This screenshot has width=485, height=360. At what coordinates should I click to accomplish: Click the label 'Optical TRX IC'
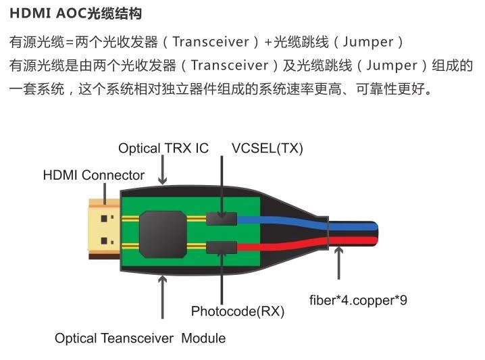pos(163,148)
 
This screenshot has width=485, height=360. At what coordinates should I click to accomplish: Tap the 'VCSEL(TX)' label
pos(267,148)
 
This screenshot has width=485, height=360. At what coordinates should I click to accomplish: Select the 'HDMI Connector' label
pos(93,175)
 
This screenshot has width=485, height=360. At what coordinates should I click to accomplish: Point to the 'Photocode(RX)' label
pos(238,311)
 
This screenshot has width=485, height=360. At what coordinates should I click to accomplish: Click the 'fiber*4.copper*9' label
pos(358,299)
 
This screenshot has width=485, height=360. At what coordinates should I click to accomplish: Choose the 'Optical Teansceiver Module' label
pos(140,337)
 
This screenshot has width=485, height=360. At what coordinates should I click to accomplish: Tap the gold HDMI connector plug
pos(103,230)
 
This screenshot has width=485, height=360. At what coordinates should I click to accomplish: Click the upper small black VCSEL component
pos(222,217)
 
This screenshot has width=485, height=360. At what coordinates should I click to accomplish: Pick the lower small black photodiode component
pos(222,248)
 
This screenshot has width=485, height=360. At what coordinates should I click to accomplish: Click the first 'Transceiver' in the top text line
pos(211,42)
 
